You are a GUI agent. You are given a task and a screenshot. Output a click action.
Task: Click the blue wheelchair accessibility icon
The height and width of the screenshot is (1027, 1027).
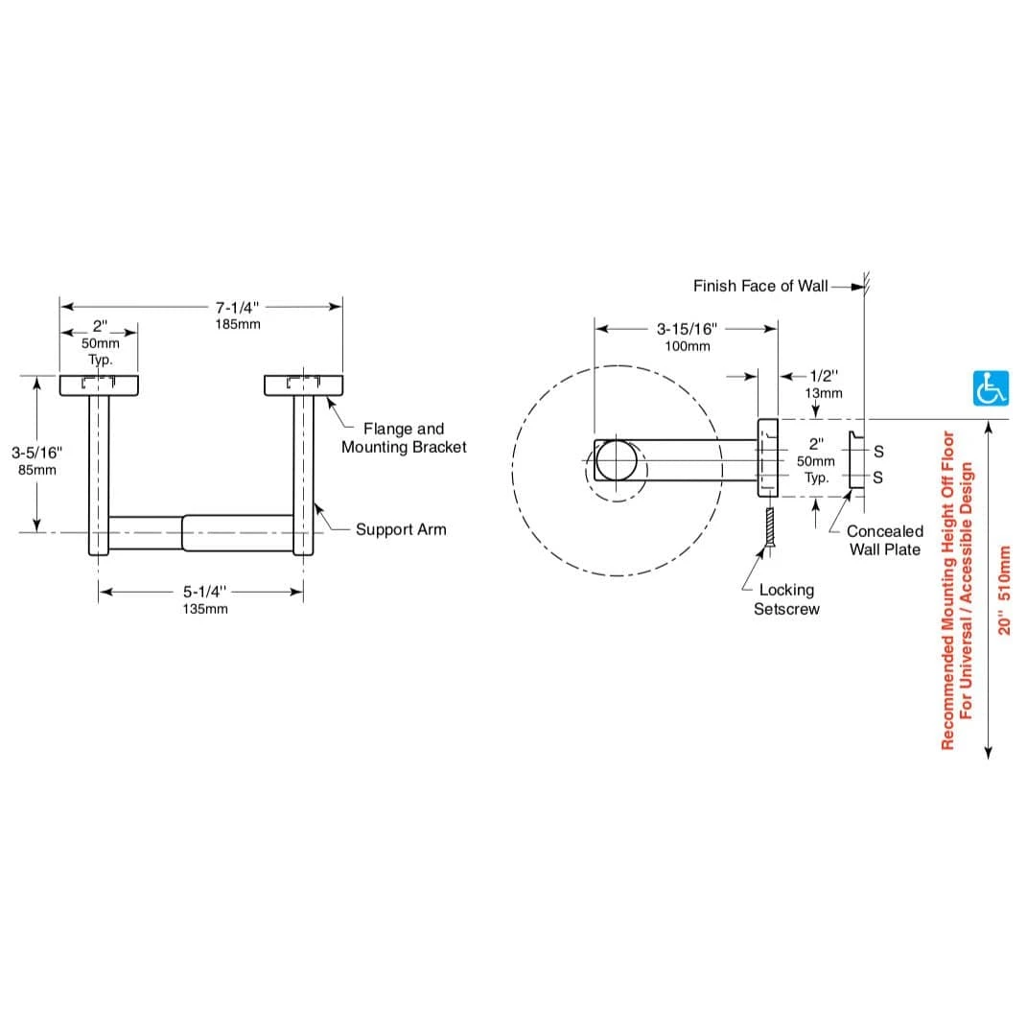(x=991, y=387)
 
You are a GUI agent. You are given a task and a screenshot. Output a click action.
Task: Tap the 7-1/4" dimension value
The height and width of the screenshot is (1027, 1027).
(x=237, y=307)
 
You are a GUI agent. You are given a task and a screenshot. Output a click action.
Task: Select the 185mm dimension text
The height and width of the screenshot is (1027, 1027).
(x=238, y=324)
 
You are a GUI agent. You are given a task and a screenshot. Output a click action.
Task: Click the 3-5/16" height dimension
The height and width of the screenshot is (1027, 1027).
(x=36, y=453)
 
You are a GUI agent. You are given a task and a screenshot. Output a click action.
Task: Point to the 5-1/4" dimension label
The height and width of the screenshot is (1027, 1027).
(x=204, y=592)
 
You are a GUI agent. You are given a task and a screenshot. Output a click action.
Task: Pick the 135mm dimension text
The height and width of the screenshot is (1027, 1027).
(x=205, y=609)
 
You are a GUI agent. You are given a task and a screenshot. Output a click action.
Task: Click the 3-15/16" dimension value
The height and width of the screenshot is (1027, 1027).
(x=688, y=329)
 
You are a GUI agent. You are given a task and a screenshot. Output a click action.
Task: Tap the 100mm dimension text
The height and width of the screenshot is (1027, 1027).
(x=688, y=346)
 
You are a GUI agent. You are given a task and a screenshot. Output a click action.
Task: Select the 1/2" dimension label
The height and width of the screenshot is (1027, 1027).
(x=824, y=376)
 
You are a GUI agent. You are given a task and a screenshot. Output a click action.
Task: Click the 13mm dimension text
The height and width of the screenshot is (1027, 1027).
(x=824, y=394)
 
